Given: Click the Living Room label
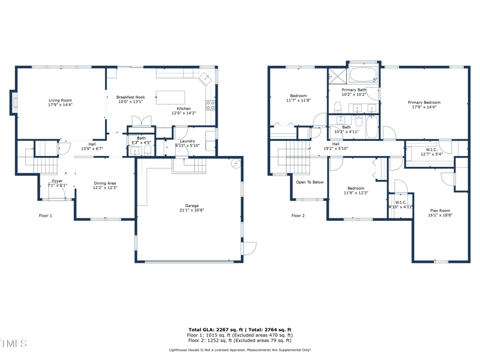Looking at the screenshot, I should [60, 100].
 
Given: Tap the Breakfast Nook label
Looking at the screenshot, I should [131, 97].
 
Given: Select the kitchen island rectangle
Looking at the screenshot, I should [171, 97].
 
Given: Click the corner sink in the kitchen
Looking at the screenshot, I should [206, 77].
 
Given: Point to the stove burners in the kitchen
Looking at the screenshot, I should [211, 106].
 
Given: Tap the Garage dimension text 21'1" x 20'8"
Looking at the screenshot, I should [191, 211].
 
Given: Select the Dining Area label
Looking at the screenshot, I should [104, 184].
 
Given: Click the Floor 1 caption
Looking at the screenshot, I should [46, 215].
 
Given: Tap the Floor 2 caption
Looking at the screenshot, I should [298, 215].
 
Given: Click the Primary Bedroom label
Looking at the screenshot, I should [424, 103].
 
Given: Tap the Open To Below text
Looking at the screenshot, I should [310, 182].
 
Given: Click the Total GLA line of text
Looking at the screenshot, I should [240, 330].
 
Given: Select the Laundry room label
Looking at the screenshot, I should [188, 141].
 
